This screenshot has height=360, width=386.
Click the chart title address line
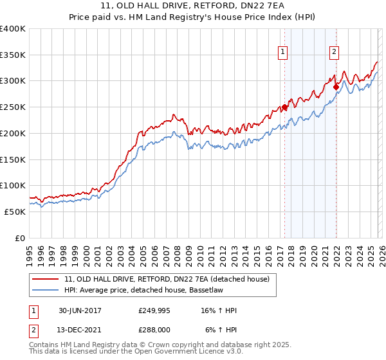tap(192, 6)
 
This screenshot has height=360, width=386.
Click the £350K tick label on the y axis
tap(13, 55)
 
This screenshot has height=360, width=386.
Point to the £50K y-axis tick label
tap(15, 212)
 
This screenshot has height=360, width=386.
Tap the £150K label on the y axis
tap(13, 159)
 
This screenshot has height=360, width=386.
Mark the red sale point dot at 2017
tap(284, 107)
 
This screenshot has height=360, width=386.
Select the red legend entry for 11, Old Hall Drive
tap(170, 278)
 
